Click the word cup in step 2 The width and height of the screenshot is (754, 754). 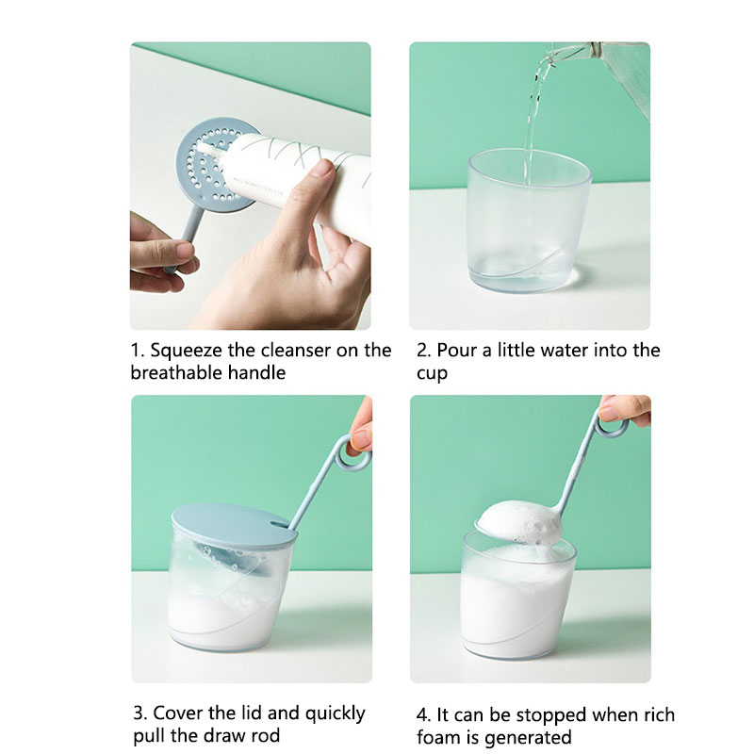click(x=432, y=374)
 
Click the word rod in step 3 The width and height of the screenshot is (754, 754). click(x=265, y=735)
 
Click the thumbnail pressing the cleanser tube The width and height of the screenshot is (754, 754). click(x=320, y=170)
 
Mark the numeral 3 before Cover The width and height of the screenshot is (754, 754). click(x=139, y=713)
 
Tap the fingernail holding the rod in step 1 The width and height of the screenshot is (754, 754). click(x=185, y=250)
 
